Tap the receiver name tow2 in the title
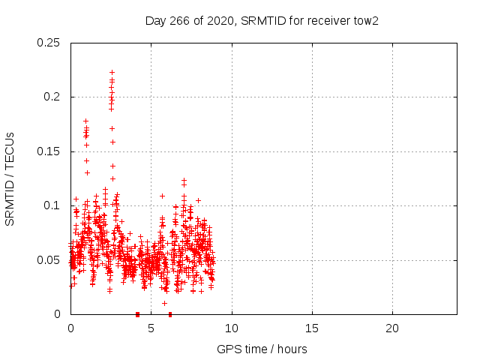click(365, 20)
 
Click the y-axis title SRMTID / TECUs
click(10, 178)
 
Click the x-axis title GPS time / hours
click(262, 349)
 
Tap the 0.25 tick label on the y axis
click(49, 43)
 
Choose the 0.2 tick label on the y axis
click(52, 97)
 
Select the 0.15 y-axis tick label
click(49, 151)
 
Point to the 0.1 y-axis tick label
click(52, 205)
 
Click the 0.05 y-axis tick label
click(49, 260)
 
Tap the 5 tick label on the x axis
click(151, 328)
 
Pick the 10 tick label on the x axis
click(232, 328)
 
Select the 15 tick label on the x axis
click(312, 328)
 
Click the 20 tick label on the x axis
click(392, 328)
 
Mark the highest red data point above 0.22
click(112, 73)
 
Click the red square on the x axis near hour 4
click(137, 314)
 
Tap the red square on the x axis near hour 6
click(170, 314)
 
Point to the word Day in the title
click(154, 20)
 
